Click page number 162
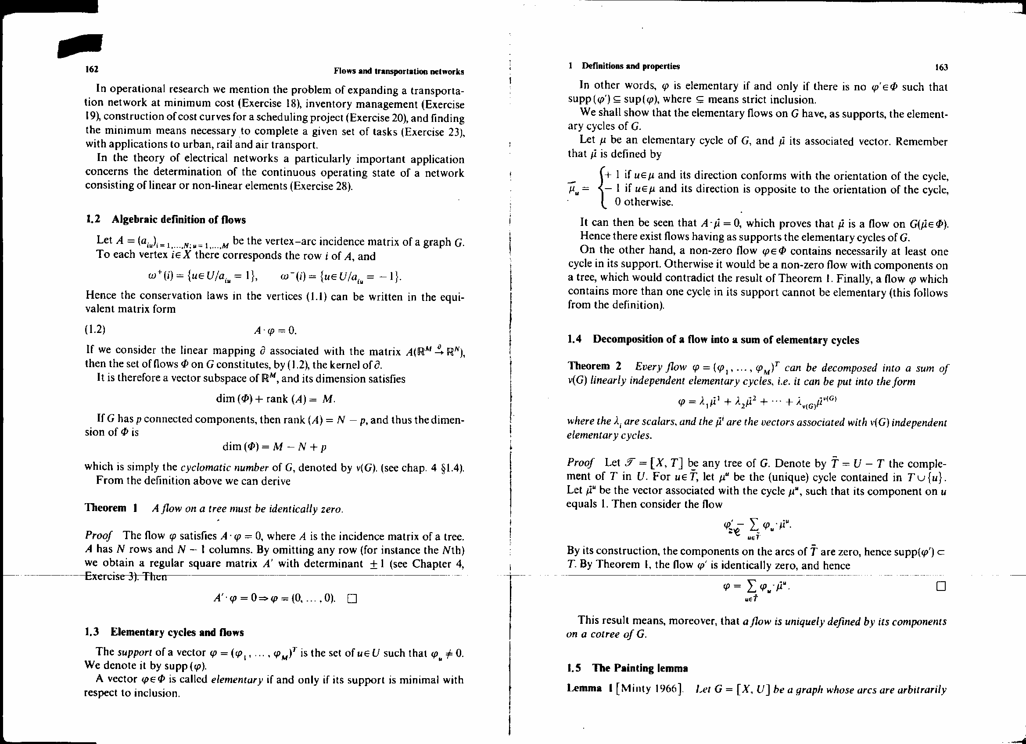pos(92,69)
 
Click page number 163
pos(941,68)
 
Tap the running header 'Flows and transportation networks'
pos(398,72)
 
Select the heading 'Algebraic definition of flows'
pos(178,220)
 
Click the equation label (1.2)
pos(95,329)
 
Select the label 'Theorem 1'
pos(111,508)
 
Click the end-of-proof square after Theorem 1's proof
pos(352,599)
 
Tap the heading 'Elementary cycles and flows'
pos(177,632)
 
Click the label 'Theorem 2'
pos(595,366)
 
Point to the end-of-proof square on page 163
pos(941,587)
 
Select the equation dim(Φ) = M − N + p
pos(275,447)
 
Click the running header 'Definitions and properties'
pos(630,67)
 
